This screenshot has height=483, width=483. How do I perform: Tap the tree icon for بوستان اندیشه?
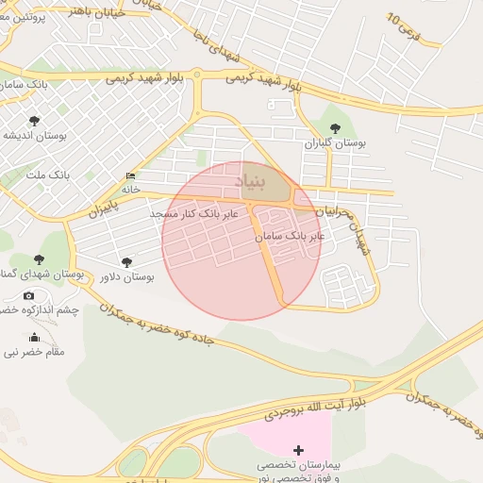(35, 121)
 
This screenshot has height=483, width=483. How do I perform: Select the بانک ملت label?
(48, 175)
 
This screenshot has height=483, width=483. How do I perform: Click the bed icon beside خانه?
(130, 176)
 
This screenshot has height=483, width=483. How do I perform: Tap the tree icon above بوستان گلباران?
(335, 128)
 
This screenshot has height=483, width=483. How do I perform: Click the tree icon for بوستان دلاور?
(127, 262)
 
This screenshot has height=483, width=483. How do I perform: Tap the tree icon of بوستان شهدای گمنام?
(39, 259)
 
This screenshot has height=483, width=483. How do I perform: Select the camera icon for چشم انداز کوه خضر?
(28, 296)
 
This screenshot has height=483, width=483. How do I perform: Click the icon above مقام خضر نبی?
(35, 338)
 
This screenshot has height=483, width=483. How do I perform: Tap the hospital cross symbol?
(299, 451)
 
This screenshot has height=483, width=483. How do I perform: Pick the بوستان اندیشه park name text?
(34, 135)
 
